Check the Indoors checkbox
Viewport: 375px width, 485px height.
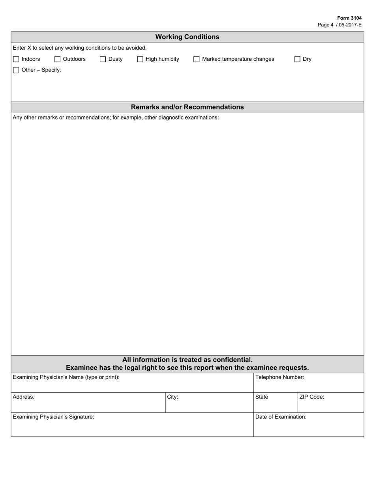pos(16,60)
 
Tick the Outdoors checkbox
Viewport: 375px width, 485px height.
pos(57,60)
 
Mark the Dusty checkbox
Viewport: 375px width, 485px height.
pos(103,60)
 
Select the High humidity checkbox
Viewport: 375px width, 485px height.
pos(140,60)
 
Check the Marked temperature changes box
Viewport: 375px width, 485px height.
pos(197,60)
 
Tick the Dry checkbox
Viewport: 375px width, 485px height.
pos(298,60)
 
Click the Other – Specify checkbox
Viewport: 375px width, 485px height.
pos(16,71)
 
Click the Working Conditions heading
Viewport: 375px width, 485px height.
pos(187,37)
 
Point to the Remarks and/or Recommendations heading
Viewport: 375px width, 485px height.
pos(187,107)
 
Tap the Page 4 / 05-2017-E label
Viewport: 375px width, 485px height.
pos(339,25)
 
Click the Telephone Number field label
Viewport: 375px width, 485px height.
pos(279,377)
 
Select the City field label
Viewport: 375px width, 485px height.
pos(172,397)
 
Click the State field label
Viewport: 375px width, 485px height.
pos(262,397)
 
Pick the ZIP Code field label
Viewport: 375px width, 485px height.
pos(311,397)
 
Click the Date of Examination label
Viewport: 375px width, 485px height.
pos(281,417)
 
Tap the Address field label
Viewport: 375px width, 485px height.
pos(23,397)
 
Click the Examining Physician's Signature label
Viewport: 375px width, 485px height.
pos(53,417)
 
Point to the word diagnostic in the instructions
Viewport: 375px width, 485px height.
pos(172,118)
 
